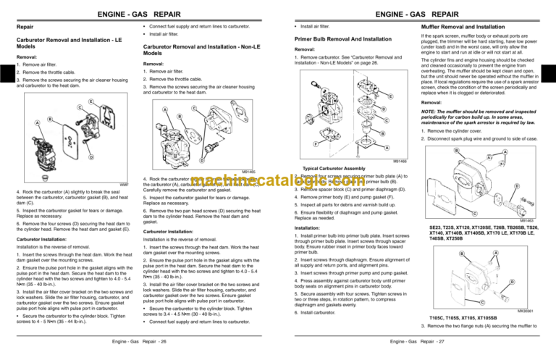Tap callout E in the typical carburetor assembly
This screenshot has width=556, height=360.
click(390, 96)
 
